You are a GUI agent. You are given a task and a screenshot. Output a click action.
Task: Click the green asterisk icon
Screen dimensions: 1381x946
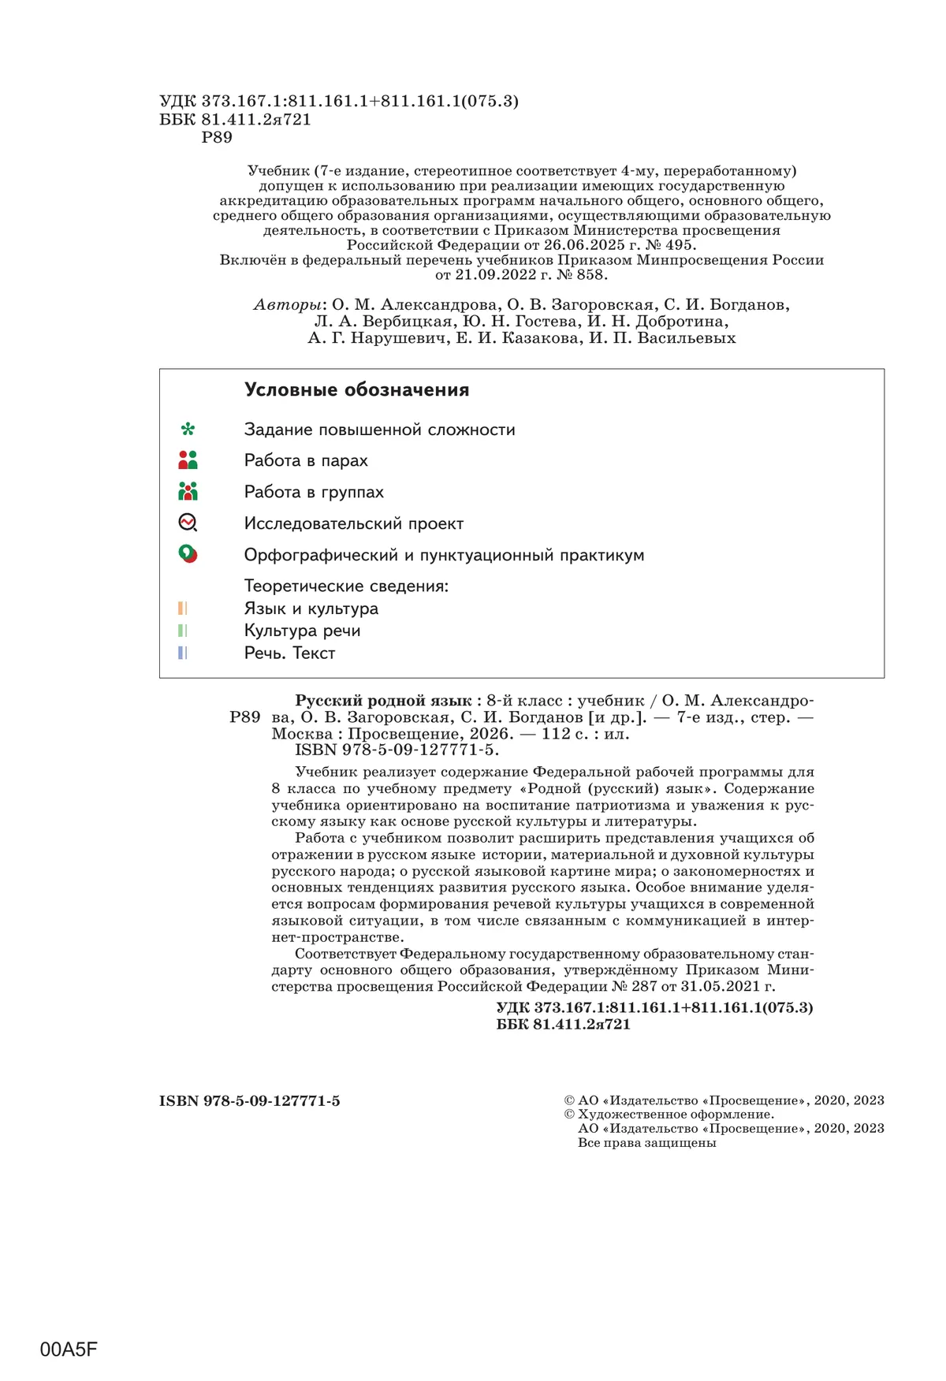click(188, 430)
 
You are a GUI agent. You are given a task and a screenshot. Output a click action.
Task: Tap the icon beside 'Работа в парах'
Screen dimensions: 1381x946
click(188, 460)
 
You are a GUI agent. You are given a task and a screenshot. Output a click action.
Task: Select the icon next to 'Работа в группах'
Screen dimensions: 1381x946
click(188, 492)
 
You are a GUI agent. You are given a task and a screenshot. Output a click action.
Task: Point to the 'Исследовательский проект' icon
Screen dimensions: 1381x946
click(188, 523)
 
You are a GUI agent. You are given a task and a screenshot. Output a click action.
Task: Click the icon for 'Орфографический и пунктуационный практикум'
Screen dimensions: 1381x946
click(188, 554)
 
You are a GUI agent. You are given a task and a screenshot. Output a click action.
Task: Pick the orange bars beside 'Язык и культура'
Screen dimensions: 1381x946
click(182, 609)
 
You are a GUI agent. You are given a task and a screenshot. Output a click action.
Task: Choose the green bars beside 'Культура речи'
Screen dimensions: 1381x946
click(182, 631)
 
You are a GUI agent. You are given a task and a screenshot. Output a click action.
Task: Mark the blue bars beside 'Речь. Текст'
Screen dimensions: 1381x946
click(182, 653)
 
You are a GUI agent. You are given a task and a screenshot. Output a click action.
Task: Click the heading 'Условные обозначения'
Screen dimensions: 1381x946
click(356, 390)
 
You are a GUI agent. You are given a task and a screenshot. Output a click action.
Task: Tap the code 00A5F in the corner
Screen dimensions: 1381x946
click(69, 1349)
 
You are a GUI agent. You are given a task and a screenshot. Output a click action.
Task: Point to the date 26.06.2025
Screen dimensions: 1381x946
click(584, 245)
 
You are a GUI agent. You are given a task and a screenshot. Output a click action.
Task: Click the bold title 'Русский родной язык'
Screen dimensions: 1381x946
click(383, 701)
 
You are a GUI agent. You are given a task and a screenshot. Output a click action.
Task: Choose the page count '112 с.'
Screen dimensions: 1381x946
click(568, 734)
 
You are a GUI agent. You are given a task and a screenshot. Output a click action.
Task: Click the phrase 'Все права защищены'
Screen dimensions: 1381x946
click(646, 1143)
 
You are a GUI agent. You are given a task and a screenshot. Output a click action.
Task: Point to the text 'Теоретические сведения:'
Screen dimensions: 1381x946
click(346, 586)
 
